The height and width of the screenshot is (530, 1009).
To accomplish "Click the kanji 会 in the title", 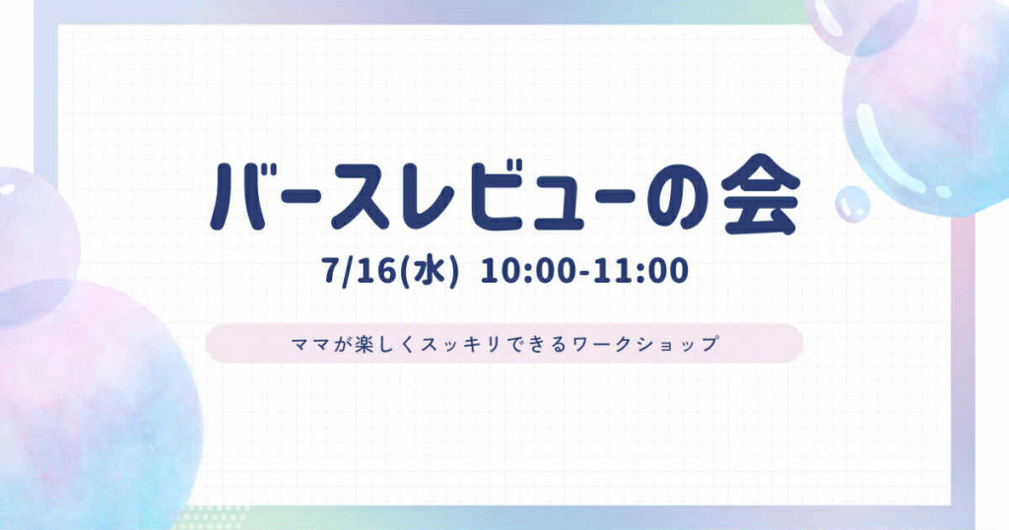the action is (761, 194).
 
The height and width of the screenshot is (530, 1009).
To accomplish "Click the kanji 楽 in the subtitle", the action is (367, 344).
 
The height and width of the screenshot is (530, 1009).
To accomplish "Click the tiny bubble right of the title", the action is (852, 204).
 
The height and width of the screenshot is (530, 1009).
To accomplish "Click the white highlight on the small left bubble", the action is (8, 190).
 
